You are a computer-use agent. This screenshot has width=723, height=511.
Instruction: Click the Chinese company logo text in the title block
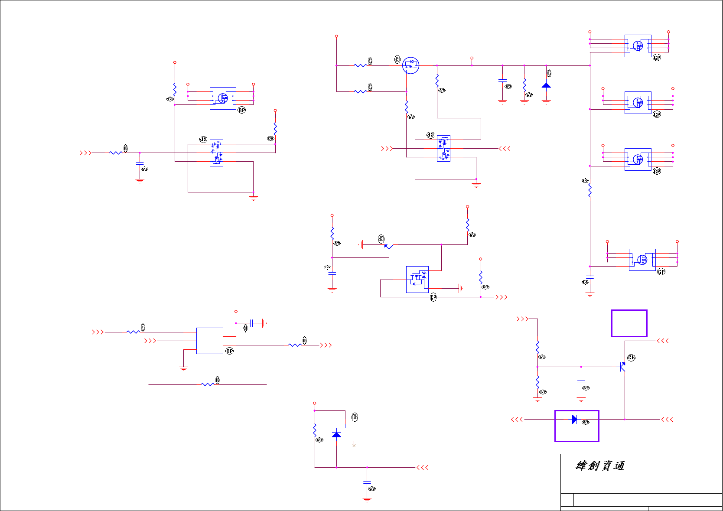point(600,466)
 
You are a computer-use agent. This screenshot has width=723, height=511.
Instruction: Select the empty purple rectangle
point(629,323)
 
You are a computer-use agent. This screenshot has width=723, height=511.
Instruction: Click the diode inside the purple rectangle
point(574,419)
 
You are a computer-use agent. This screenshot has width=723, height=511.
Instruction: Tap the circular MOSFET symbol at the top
point(410,65)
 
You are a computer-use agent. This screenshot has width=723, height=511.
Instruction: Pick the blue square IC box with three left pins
point(210,341)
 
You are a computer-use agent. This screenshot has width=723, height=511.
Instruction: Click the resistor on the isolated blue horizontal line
point(208,384)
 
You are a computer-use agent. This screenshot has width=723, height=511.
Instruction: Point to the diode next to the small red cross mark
point(336,434)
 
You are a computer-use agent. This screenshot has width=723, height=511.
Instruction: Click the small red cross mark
point(354,444)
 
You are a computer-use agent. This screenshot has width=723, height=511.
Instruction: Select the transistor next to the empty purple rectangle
point(622,367)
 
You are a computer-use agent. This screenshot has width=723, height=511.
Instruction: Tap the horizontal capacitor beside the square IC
point(251,323)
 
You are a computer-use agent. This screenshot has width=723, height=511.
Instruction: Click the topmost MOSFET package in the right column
point(638,46)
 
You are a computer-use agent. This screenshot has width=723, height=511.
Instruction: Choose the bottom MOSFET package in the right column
point(642,260)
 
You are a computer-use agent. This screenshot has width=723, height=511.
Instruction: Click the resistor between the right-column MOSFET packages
point(589,190)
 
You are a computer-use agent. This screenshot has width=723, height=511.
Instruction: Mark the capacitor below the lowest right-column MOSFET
point(589,277)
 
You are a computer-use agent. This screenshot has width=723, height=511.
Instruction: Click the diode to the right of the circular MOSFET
point(546,85)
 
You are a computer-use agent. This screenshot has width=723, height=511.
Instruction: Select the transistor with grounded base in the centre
point(388,247)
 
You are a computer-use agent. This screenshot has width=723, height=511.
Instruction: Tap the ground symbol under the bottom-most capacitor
point(367,500)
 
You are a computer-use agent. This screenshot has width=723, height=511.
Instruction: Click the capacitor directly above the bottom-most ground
point(367,482)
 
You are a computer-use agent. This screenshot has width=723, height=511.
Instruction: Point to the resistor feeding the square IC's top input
point(133,332)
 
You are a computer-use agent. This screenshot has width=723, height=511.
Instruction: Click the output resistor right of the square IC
point(295,345)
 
